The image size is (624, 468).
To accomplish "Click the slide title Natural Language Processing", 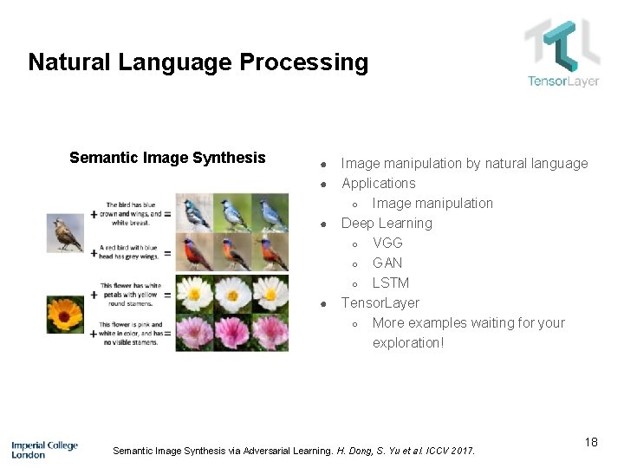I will click(x=198, y=62).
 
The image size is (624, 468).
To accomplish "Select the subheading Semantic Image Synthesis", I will click(x=167, y=158).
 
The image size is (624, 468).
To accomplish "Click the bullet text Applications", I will click(x=378, y=183).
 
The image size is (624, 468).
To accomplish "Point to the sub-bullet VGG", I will click(x=387, y=243).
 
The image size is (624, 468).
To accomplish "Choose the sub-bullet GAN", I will click(x=387, y=263).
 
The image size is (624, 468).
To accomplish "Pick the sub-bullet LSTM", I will click(x=390, y=283).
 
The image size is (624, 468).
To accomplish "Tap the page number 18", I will click(x=591, y=443).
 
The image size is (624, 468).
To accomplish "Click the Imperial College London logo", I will click(x=44, y=449).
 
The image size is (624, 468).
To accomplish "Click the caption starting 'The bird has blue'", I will click(x=134, y=213).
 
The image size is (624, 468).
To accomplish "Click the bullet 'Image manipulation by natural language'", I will click(x=464, y=163).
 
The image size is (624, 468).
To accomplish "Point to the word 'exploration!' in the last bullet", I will click(x=407, y=342).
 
